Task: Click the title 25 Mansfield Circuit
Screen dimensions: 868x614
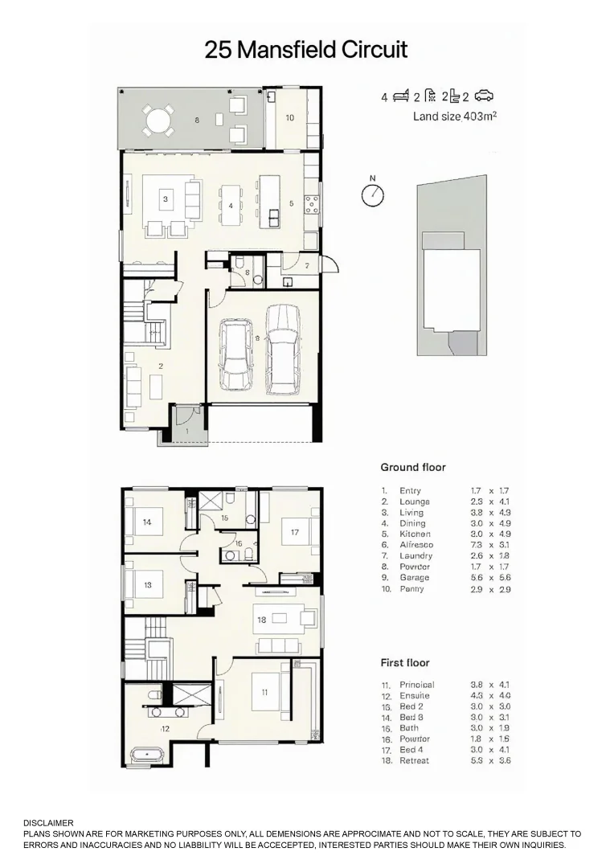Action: (x=306, y=50)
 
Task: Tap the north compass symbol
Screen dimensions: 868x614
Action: (x=372, y=194)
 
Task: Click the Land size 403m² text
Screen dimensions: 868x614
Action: (x=454, y=117)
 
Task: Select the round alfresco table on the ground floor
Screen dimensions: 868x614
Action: (x=158, y=122)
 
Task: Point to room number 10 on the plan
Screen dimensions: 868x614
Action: (x=289, y=117)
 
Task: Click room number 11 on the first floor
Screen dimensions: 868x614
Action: (x=264, y=693)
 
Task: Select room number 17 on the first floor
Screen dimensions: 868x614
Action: (x=294, y=532)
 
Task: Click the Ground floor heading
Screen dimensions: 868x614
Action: (x=412, y=467)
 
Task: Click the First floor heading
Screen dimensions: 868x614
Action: (x=405, y=663)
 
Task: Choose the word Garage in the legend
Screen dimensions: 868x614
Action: (x=414, y=578)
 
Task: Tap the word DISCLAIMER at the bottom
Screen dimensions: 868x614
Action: (x=48, y=823)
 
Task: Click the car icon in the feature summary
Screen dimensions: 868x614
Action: (x=484, y=96)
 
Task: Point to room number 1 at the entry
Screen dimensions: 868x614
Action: (x=187, y=432)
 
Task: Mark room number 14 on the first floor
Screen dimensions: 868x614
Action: (x=147, y=522)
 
